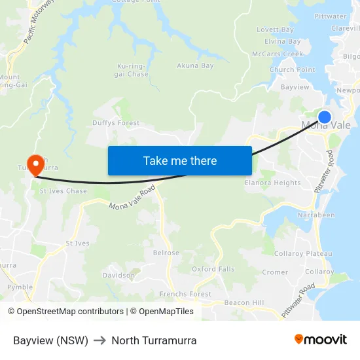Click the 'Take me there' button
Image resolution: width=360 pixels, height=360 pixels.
(179, 160)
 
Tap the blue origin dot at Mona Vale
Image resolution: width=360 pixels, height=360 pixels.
(324, 117)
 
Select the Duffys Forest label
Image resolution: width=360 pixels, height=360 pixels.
(116, 122)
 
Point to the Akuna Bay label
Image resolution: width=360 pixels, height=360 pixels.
(195, 65)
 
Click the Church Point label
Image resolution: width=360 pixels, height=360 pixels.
(292, 70)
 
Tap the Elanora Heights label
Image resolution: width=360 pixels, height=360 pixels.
(272, 183)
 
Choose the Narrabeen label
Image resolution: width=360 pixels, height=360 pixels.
(316, 215)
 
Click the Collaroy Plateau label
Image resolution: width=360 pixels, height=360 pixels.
(298, 253)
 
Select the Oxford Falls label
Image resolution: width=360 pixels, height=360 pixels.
(213, 269)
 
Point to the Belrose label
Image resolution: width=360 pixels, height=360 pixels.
(166, 253)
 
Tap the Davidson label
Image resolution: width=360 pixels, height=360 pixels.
(118, 276)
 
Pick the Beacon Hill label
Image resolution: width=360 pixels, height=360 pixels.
(243, 302)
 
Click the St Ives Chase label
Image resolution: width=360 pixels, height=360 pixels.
(63, 191)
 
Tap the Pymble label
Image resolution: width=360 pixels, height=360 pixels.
(20, 287)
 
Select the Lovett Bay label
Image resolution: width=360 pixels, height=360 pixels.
(275, 29)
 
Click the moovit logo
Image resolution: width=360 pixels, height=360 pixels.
(321, 339)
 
